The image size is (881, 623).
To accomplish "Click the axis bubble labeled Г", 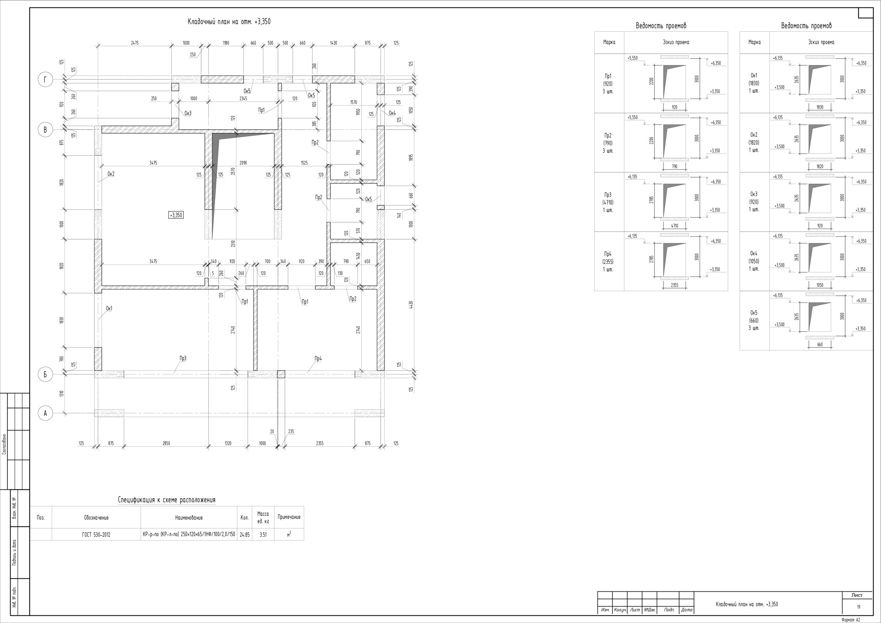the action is (x=45, y=80).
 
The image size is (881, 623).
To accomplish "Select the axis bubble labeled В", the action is (x=45, y=130).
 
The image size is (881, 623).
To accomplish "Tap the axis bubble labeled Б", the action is (x=45, y=374).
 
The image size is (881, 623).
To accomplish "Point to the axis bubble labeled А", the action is (x=45, y=413).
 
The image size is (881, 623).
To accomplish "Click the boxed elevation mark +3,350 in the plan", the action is (x=176, y=215).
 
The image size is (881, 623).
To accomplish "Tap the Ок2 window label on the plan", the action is (x=111, y=174).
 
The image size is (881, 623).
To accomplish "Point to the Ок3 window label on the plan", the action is (x=188, y=113).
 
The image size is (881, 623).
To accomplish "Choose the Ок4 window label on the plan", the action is (x=392, y=113).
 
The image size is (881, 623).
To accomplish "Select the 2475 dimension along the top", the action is (x=135, y=43).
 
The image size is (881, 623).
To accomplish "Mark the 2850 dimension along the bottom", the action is (x=166, y=443).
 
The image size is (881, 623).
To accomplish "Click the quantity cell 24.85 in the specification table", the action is (x=244, y=534).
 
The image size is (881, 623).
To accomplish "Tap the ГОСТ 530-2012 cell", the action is (x=96, y=534).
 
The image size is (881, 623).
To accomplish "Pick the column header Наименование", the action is (x=189, y=518).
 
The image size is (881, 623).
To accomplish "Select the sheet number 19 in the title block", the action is (x=858, y=607).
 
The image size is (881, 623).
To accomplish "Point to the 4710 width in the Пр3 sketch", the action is (x=675, y=226).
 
